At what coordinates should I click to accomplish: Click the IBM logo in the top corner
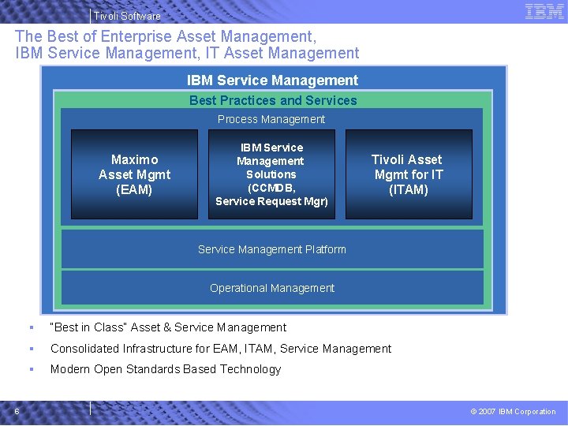click(x=544, y=11)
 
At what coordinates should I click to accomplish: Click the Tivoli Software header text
click(x=127, y=16)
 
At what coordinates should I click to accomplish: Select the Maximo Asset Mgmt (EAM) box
click(x=134, y=174)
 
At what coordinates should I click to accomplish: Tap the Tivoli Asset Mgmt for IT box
click(x=409, y=174)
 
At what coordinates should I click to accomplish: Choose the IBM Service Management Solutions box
click(x=271, y=174)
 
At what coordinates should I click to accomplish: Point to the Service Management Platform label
click(x=271, y=249)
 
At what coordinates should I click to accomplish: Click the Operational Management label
click(x=271, y=288)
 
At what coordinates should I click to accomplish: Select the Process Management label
click(x=271, y=119)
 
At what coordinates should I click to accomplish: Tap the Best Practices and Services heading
click(x=273, y=100)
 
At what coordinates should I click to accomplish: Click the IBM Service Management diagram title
click(x=272, y=80)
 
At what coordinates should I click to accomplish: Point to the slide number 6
click(x=17, y=411)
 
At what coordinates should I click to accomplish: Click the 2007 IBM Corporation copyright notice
click(x=513, y=411)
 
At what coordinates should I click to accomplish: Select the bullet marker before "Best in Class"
click(x=30, y=327)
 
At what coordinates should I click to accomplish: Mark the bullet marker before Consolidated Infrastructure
click(x=30, y=349)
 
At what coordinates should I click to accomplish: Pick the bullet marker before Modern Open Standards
click(x=30, y=369)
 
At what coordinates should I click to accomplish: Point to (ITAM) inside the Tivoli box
click(x=409, y=189)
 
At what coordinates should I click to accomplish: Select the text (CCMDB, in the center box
click(x=271, y=188)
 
